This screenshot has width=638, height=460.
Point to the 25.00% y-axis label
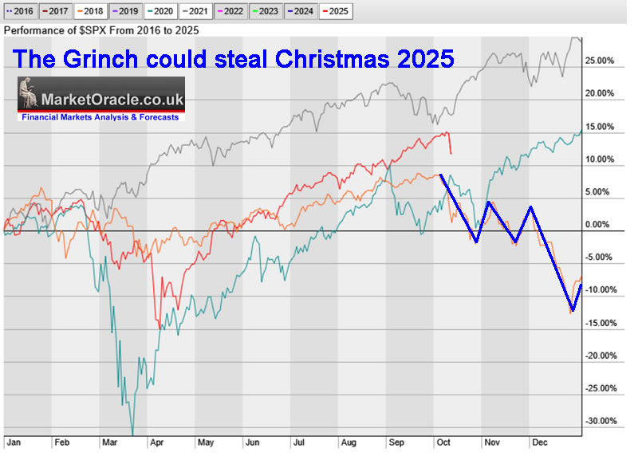pos(601,61)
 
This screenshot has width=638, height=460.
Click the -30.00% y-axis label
pos(601,421)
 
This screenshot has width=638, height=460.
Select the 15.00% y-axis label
pos(601,126)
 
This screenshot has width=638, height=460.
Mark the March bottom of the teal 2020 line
pos(132,433)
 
